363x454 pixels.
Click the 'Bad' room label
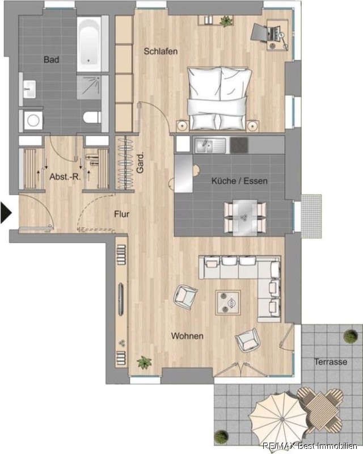tap(51, 60)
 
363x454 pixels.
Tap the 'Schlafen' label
tap(161, 51)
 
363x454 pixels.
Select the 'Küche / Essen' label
tap(239, 181)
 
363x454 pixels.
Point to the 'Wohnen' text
tap(187, 336)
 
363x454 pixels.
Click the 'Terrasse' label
tap(331, 361)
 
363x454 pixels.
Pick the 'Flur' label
tap(121, 215)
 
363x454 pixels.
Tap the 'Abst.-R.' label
tap(65, 176)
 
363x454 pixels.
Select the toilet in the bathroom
tap(92, 117)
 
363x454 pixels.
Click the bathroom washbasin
tap(29, 89)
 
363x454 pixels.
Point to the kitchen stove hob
tap(239, 145)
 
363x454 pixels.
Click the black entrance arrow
tap(6, 213)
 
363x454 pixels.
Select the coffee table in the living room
tap(228, 302)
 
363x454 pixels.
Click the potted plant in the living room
tap(144, 363)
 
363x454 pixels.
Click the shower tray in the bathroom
tap(89, 87)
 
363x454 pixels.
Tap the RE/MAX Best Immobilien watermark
tap(310, 446)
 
